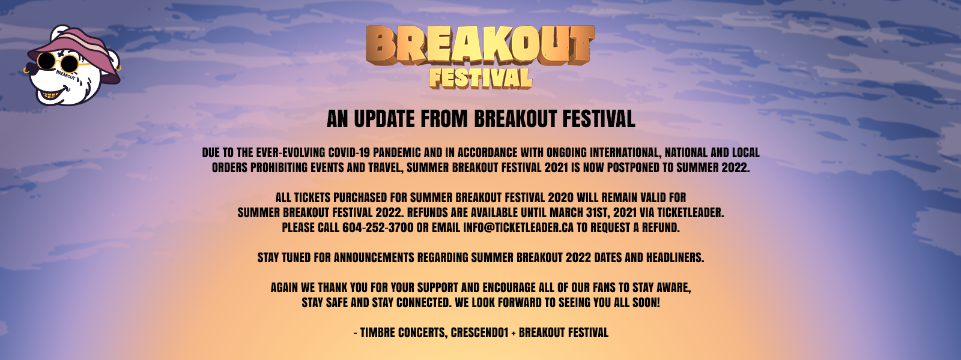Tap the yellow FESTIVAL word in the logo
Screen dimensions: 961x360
480,79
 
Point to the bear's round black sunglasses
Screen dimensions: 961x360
56,63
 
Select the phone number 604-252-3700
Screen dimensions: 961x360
378,227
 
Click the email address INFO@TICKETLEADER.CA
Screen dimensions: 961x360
518,227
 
